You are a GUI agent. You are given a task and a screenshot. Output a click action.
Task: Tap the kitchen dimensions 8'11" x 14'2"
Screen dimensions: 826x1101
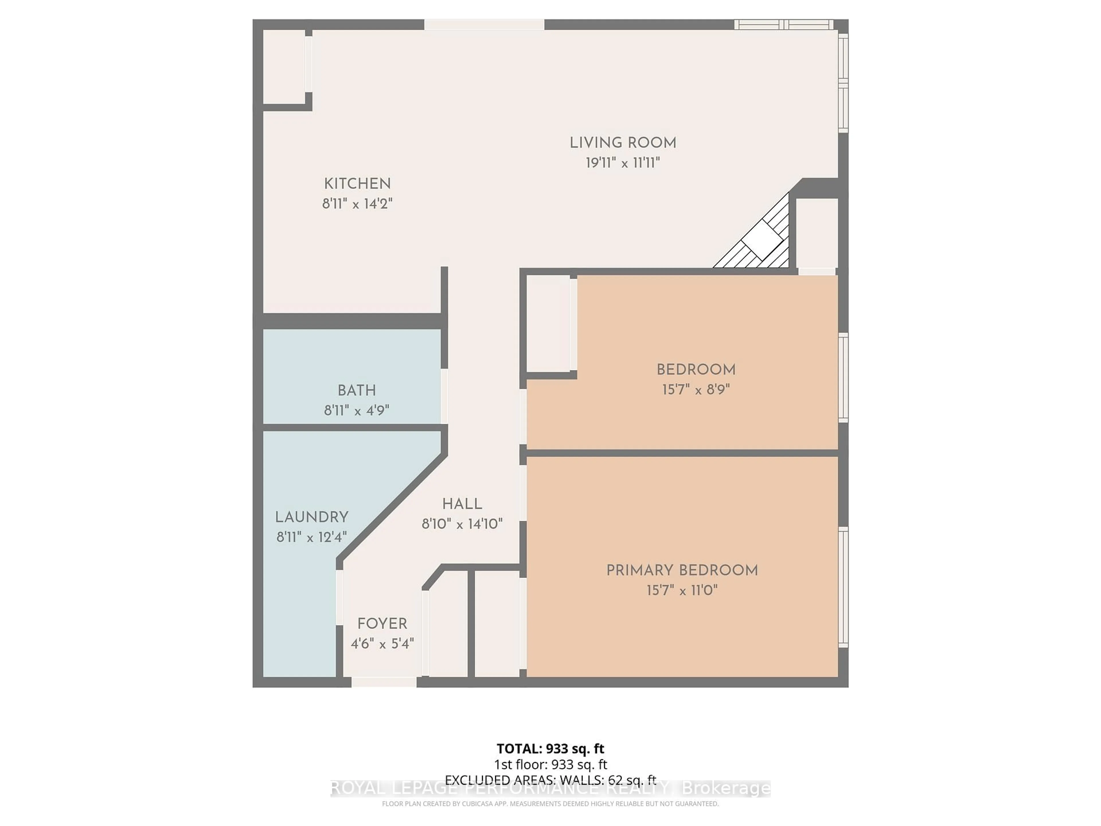[x=357, y=204]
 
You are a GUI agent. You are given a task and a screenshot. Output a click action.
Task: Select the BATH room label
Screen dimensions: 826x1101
[x=356, y=390]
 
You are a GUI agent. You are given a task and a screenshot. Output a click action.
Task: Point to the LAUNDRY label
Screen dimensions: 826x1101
[x=312, y=517]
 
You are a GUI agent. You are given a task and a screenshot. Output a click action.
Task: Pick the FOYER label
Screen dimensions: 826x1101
[x=382, y=624]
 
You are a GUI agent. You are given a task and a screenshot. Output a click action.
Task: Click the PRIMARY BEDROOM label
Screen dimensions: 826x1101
[x=682, y=570]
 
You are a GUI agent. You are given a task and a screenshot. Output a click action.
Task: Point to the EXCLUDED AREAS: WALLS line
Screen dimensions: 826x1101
[x=550, y=780]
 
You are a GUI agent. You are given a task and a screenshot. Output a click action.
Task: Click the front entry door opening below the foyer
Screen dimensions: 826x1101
[x=384, y=682]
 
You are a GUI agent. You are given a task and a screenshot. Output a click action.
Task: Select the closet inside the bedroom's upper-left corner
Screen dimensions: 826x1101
[x=548, y=324]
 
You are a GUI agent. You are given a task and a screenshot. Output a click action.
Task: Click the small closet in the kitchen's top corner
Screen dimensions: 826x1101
[x=284, y=67]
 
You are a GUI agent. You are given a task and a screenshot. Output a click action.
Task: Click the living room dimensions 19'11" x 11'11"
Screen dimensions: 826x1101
[x=623, y=163]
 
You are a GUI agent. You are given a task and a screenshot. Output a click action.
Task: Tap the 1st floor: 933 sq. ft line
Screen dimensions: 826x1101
[x=550, y=764]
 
